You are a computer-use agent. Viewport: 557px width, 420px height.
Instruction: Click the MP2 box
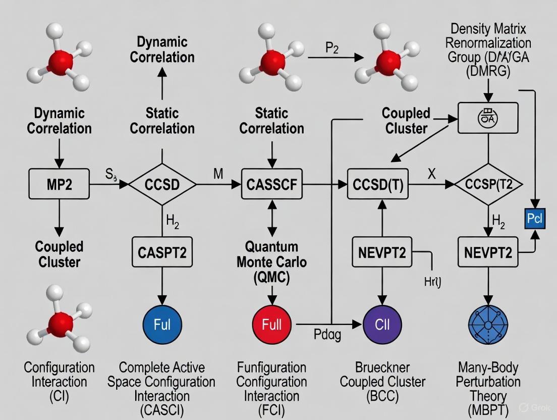click(59, 185)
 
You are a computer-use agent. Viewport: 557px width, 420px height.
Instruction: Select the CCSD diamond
click(162, 185)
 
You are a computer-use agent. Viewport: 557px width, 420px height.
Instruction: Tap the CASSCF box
click(272, 185)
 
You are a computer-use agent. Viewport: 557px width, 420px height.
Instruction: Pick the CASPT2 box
click(162, 251)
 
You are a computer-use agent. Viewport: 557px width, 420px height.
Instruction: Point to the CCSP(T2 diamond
click(488, 185)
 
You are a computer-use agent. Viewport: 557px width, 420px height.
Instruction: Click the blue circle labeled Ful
click(162, 324)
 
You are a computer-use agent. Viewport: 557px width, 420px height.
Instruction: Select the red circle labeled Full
click(272, 324)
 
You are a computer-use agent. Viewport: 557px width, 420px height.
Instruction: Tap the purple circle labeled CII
click(382, 324)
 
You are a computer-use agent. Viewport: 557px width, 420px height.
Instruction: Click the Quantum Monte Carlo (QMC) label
click(272, 262)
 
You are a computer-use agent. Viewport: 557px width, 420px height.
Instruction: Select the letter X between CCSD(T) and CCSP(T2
click(431, 174)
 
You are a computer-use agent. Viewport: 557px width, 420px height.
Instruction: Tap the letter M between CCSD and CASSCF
click(218, 174)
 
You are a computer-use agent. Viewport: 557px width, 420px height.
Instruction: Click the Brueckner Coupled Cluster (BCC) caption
click(382, 382)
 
